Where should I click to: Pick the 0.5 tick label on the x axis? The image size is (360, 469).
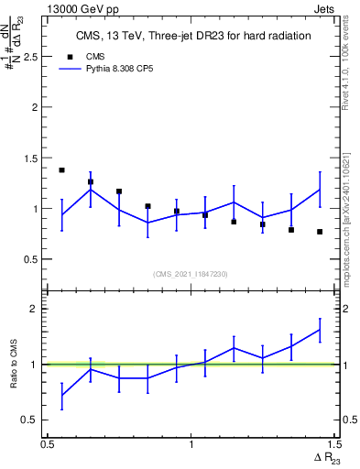point(47,444)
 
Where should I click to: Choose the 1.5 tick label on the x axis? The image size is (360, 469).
point(332,444)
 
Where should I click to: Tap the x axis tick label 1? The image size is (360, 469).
point(191,444)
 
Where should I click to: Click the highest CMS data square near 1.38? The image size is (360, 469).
point(61,170)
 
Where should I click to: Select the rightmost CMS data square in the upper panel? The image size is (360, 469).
point(320,232)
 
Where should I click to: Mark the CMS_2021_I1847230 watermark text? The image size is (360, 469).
point(191,274)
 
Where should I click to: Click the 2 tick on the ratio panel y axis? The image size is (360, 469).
point(37,309)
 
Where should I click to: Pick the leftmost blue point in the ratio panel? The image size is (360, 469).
point(61,396)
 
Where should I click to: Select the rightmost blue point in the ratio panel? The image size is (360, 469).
point(320,330)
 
